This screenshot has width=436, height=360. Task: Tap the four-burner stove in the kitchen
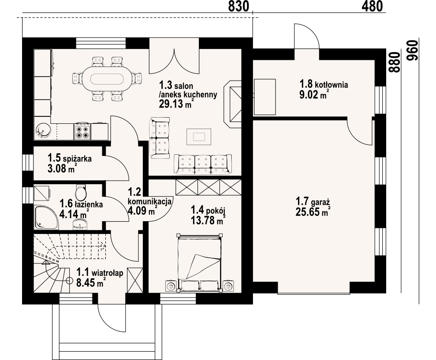82,132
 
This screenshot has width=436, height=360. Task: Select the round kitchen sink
43,131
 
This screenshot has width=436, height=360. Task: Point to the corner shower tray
46,218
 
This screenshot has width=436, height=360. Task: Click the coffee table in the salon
199,137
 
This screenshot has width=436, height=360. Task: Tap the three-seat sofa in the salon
203,164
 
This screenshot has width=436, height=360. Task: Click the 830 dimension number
238,6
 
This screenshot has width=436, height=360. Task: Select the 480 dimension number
373,6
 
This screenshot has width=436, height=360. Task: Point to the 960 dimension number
412,50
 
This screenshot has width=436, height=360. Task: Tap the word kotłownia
332,85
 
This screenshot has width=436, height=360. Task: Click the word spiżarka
77,159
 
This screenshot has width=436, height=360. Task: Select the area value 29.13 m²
176,104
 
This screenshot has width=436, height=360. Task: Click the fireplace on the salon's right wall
232,104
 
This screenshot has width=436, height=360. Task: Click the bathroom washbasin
80,224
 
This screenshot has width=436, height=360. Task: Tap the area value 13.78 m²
208,221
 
